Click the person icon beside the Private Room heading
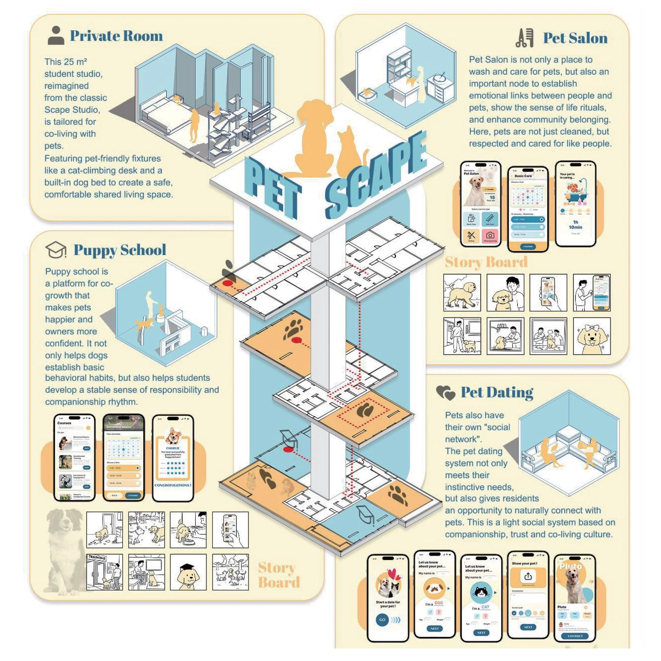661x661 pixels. click(56, 36)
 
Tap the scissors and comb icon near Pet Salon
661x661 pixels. click(524, 38)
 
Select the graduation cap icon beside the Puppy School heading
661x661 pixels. click(56, 250)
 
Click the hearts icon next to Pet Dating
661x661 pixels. click(445, 393)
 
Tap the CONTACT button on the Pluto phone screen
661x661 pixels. click(575, 636)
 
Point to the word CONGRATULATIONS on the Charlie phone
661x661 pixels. click(173, 485)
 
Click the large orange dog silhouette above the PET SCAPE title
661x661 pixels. click(314, 137)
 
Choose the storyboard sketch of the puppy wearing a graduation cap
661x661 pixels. click(188, 572)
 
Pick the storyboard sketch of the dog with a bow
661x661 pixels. click(592, 336)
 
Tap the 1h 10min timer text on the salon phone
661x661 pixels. click(575, 225)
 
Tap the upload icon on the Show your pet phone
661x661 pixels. click(528, 577)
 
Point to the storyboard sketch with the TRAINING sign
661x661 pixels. click(104, 572)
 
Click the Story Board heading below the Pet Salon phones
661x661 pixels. click(486, 262)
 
